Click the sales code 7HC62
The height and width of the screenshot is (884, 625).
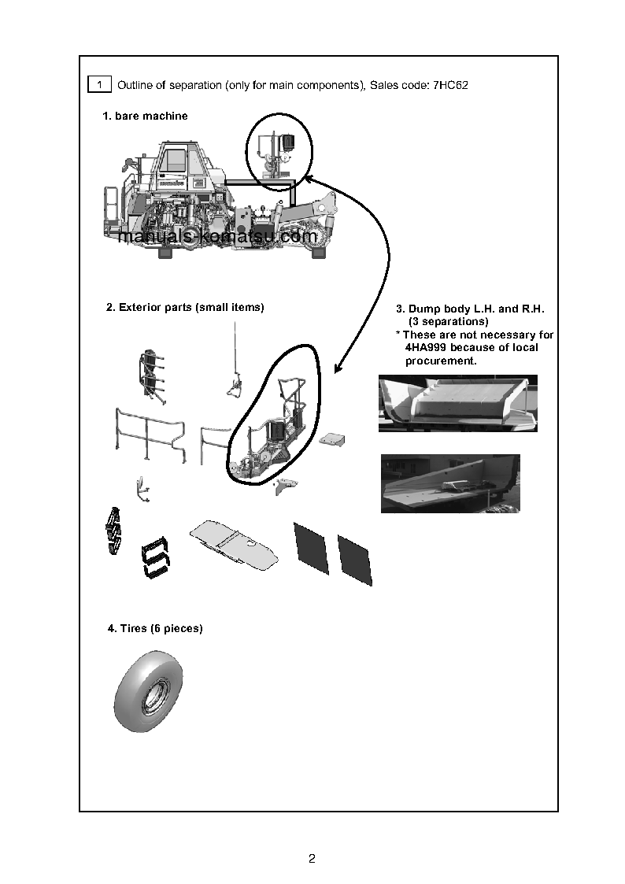(450, 85)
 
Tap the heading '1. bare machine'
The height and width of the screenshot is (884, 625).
(145, 117)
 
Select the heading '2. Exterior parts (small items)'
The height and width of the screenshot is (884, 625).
(185, 308)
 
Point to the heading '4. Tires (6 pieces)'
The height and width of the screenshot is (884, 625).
(155, 629)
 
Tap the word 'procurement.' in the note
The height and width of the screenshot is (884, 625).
(441, 361)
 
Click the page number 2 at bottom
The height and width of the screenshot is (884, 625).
(312, 858)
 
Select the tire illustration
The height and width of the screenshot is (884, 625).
(149, 690)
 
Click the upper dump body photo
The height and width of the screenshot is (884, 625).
(457, 403)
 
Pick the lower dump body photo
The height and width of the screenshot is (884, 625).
(449, 483)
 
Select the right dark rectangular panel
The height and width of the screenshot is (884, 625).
(354, 559)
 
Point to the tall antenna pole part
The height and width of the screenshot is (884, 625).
(234, 354)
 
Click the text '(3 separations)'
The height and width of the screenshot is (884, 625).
(448, 322)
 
